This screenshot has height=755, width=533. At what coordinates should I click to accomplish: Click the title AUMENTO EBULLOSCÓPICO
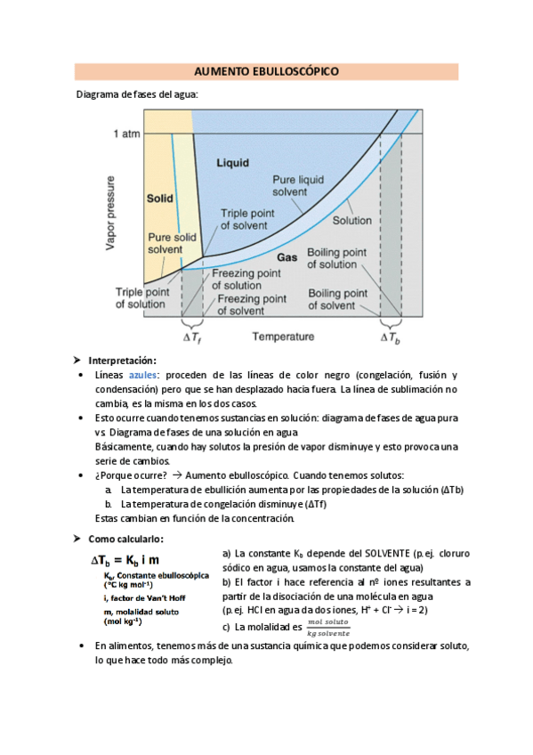[266, 71]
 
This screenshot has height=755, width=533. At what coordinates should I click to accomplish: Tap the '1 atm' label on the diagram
[128, 134]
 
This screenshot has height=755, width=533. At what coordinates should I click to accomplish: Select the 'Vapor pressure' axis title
[111, 209]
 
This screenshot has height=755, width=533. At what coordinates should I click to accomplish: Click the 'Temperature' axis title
[283, 337]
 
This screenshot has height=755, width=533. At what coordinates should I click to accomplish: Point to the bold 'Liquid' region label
[232, 163]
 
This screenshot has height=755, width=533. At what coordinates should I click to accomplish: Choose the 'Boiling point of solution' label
[337, 259]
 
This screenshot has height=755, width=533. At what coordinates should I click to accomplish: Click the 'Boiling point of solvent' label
[337, 299]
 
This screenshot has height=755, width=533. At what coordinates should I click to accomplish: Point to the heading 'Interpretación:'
[122, 361]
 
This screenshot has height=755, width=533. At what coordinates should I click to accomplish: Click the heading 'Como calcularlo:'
[125, 539]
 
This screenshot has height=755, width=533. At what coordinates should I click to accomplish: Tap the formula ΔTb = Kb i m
[125, 560]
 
